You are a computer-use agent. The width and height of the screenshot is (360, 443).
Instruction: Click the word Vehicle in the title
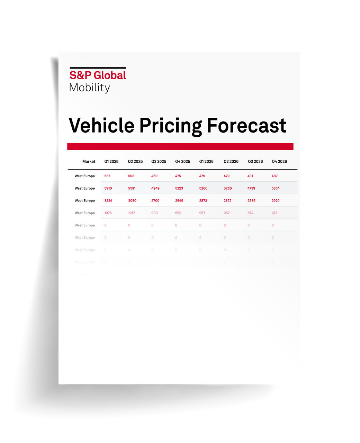coord(101,125)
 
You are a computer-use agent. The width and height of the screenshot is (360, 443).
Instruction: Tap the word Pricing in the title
coord(171,126)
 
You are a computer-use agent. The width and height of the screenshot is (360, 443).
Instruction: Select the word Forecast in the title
coord(246,125)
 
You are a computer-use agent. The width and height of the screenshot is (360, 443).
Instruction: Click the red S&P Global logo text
coord(98,75)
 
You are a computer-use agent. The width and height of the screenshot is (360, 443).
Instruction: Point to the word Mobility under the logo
coord(90,88)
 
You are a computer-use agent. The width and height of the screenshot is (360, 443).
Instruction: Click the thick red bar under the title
coord(180,146)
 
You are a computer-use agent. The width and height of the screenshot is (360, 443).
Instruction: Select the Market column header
coord(89,162)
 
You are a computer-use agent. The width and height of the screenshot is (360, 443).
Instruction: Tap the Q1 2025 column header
coord(111,162)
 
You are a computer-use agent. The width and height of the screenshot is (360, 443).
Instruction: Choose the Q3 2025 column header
coord(159,162)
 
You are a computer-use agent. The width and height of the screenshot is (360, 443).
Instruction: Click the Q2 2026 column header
coord(231,162)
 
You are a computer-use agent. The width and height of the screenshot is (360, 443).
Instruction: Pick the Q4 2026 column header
coord(279,162)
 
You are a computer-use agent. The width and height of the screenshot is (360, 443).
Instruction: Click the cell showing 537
coord(107,176)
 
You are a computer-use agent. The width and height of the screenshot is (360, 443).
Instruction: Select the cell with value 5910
coord(108,189)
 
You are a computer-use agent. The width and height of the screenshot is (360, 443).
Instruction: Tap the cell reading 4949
coord(155,189)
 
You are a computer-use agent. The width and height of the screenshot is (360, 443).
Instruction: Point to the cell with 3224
coord(108,201)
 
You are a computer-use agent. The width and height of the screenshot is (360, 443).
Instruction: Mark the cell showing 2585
coord(251,201)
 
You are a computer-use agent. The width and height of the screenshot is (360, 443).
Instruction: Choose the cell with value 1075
coord(108,213)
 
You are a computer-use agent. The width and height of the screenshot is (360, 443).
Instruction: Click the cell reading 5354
coord(276,189)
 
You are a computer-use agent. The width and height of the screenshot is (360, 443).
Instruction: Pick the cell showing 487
coord(274,176)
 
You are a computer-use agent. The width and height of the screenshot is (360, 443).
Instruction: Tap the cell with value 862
coord(251,213)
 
